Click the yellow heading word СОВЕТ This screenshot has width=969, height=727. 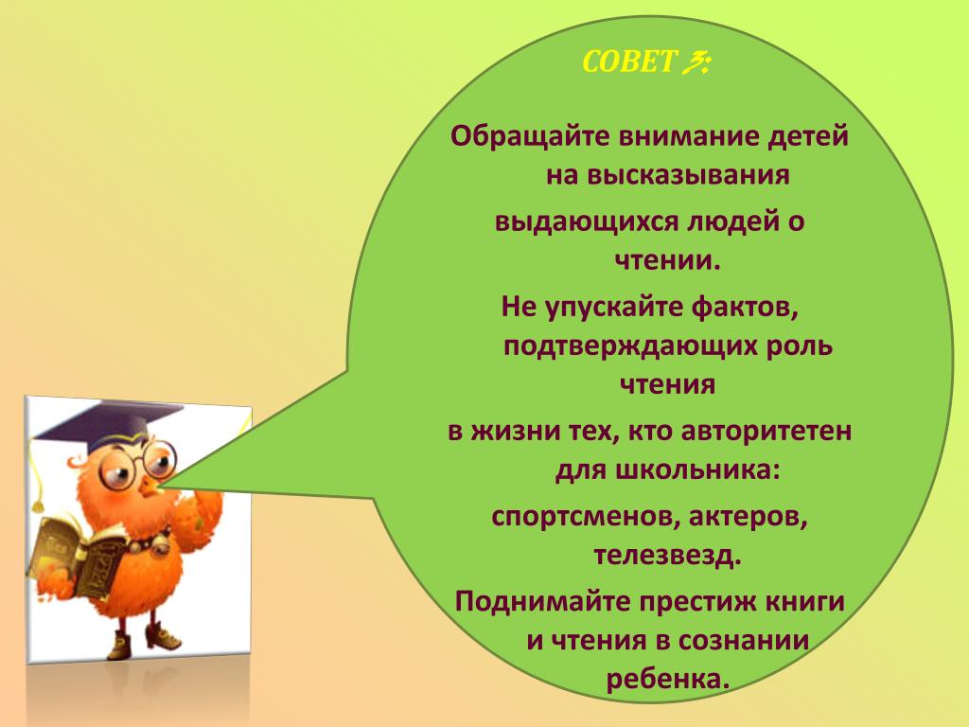tap(628, 62)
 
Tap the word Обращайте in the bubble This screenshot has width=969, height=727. tap(530, 136)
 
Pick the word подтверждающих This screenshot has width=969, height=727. tap(630, 346)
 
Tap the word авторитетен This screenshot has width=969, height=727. tap(766, 431)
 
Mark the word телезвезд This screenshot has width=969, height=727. tap(667, 555)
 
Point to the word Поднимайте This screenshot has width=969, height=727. tap(543, 601)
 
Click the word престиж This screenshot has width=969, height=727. tap(701, 601)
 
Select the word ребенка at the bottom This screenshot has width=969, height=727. tap(668, 680)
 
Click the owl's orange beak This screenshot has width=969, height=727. tap(150, 486)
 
